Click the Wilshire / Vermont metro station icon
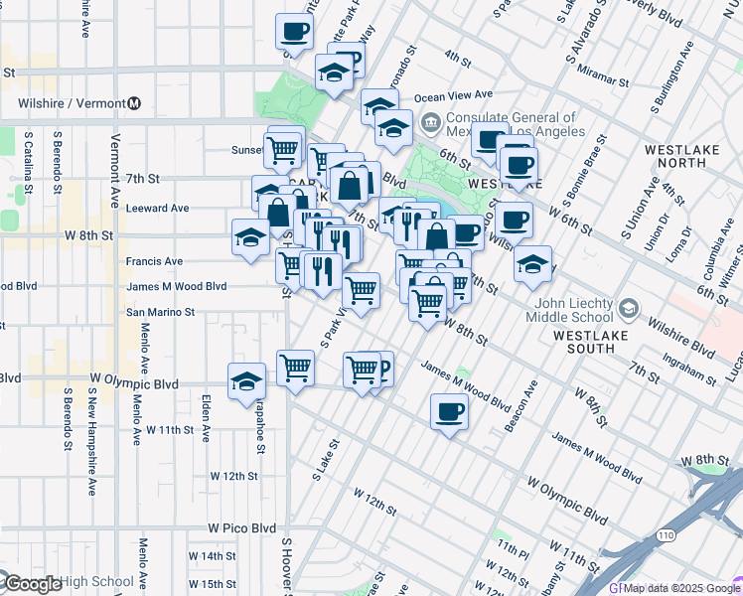[134, 103]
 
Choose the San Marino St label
[160, 312]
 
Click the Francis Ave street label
[154, 261]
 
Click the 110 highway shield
[665, 536]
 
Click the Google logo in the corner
[32, 584]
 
